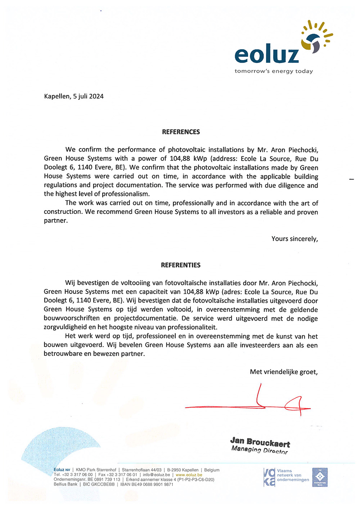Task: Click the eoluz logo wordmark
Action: click(x=267, y=55)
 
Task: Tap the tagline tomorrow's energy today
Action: click(x=274, y=71)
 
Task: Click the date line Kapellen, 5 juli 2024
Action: click(x=74, y=96)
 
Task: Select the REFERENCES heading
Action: click(x=181, y=132)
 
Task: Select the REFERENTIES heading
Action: click(x=181, y=265)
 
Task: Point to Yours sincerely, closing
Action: click(x=294, y=238)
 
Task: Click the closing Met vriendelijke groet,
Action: click(x=284, y=372)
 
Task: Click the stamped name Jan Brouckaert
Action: click(x=260, y=442)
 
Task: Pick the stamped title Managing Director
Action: click(x=260, y=450)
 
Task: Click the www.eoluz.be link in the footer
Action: click(x=189, y=475)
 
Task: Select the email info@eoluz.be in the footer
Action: click(x=156, y=475)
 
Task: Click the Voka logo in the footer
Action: click(x=269, y=477)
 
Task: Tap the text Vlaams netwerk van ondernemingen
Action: click(x=293, y=475)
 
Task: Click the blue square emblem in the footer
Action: click(x=320, y=477)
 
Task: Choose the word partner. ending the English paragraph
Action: click(x=56, y=220)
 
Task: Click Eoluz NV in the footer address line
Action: click(x=62, y=470)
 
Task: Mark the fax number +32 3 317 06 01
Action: click(x=121, y=475)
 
